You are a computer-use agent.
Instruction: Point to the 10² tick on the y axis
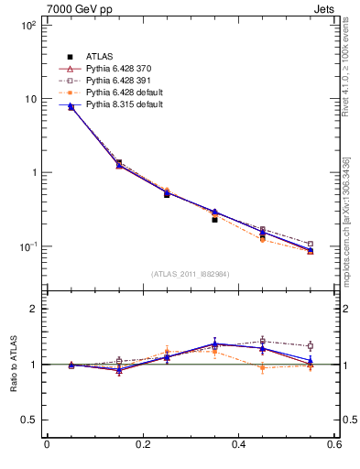coord(27,26)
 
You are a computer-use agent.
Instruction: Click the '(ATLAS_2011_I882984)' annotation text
coord(191,274)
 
